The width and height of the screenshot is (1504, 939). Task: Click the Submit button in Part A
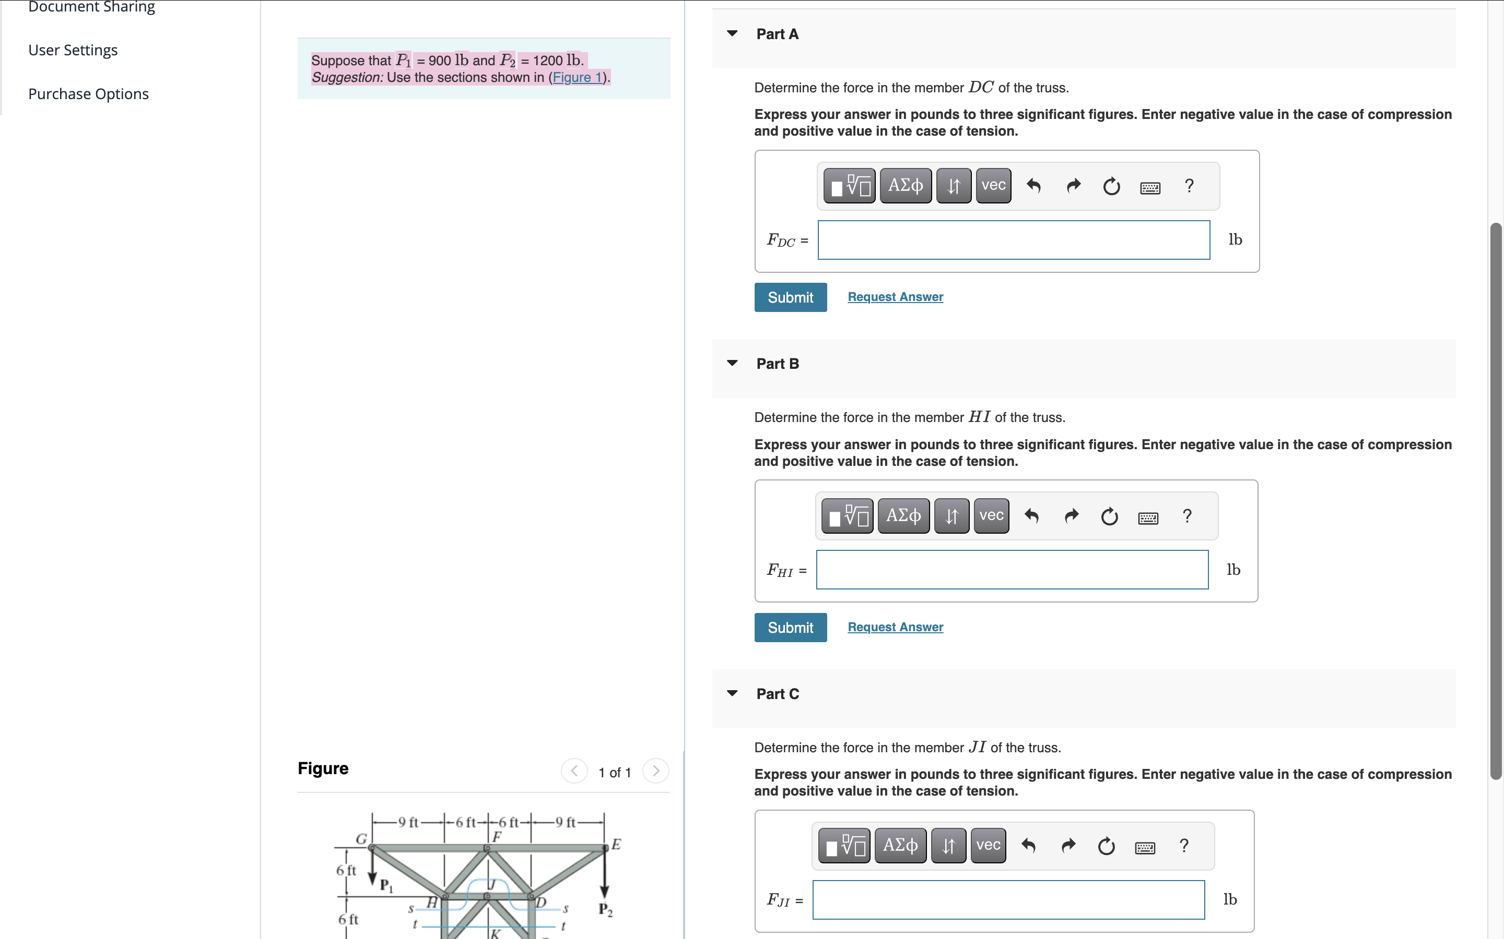[790, 297]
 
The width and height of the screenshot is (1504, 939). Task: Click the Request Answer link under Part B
[895, 627]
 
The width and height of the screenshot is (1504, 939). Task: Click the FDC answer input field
[1013, 240]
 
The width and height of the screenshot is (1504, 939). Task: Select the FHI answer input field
[1012, 570]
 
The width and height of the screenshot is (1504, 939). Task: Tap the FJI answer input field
[1008, 899]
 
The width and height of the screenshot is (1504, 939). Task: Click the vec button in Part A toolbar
[993, 185]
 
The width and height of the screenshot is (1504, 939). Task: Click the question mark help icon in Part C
[1184, 845]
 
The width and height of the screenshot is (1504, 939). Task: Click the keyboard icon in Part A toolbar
[1150, 187]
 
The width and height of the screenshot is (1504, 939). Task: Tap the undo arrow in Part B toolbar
[1031, 516]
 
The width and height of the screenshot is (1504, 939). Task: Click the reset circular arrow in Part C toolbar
[1106, 846]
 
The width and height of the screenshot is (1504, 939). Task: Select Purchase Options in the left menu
[88, 94]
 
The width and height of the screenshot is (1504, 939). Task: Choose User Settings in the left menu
[73, 50]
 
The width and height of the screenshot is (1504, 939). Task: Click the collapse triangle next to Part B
[732, 363]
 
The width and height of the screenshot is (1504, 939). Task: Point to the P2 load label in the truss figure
[605, 910]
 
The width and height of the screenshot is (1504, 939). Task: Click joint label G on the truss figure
[360, 838]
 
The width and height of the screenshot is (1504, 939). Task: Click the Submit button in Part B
[790, 627]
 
